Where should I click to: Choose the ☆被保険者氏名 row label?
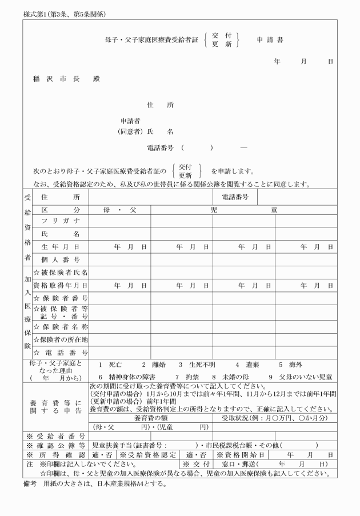coord(60,273)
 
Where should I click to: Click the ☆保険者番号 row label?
coord(60,298)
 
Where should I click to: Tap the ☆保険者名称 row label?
coord(60,327)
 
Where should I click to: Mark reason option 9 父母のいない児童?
coord(301,377)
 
